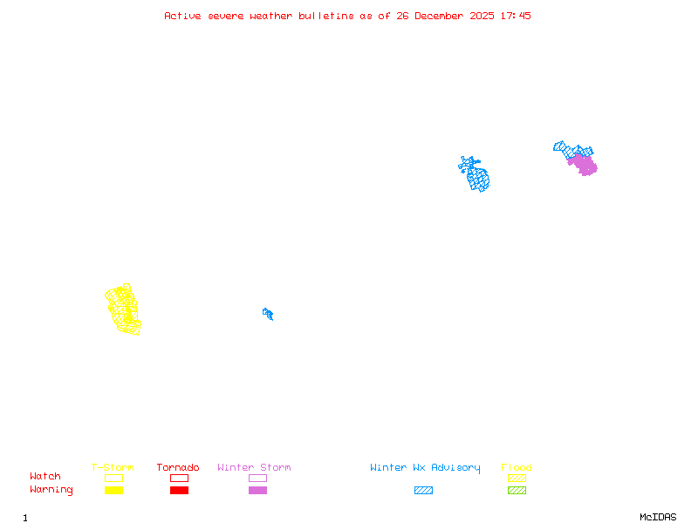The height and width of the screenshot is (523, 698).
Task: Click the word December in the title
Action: (441, 16)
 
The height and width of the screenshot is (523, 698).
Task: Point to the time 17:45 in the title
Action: (515, 16)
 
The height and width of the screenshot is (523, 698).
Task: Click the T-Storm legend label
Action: (113, 468)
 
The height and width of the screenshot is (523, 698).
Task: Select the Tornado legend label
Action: (178, 468)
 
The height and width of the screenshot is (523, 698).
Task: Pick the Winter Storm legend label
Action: (254, 468)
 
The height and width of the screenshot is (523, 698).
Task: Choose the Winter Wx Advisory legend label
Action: (425, 468)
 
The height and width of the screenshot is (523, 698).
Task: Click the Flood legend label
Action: (517, 468)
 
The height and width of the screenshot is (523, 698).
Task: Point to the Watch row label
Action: (45, 477)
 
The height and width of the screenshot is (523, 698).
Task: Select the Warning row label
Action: (51, 490)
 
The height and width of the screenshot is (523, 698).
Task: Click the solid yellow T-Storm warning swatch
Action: (113, 490)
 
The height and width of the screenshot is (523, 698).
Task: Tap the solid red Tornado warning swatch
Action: (179, 490)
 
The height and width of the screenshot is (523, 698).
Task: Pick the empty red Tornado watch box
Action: (179, 478)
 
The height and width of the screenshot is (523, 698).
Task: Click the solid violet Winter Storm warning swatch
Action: (257, 490)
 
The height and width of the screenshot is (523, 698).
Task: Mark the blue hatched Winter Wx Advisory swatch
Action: (423, 490)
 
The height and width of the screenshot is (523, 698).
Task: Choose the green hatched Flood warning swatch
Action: (517, 490)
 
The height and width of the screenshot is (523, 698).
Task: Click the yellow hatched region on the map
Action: (123, 309)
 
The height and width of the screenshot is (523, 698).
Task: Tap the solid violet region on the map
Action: (583, 164)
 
